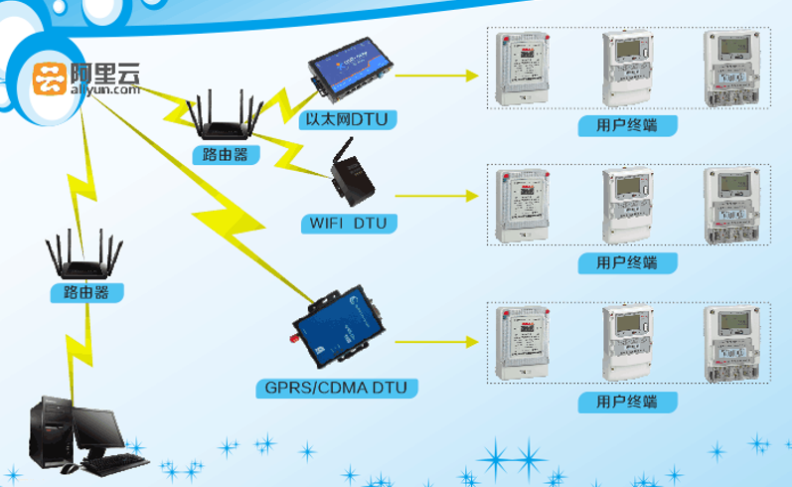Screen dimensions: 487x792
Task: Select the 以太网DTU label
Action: click(x=348, y=120)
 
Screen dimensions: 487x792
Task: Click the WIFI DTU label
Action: click(x=348, y=223)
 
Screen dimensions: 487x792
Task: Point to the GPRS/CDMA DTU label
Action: click(x=336, y=386)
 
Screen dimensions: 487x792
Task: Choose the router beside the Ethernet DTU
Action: click(x=224, y=121)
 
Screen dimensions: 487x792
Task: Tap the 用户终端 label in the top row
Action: click(x=628, y=125)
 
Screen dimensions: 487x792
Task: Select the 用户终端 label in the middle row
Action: click(x=627, y=263)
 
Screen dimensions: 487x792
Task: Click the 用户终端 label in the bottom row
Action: click(x=627, y=402)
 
